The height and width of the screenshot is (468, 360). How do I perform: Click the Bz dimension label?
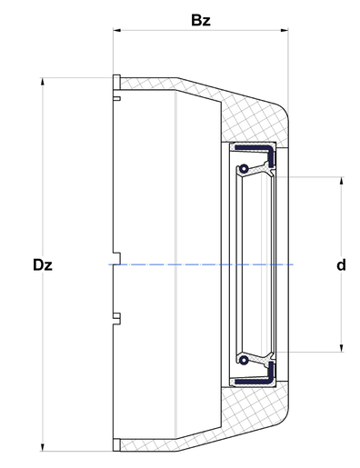[201, 20]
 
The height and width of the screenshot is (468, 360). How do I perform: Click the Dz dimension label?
[43, 265]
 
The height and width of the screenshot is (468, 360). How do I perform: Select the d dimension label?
[341, 265]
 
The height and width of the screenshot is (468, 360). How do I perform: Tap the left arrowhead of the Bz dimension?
[117, 30]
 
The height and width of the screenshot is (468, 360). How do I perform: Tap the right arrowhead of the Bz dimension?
[285, 30]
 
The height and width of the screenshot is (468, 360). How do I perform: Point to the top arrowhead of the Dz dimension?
[43, 82]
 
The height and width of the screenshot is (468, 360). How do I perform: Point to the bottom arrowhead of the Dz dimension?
[43, 447]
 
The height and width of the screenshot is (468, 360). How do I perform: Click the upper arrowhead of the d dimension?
[342, 181]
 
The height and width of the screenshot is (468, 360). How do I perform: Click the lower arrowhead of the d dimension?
[342, 348]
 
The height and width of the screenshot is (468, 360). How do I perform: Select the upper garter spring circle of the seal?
[244, 168]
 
